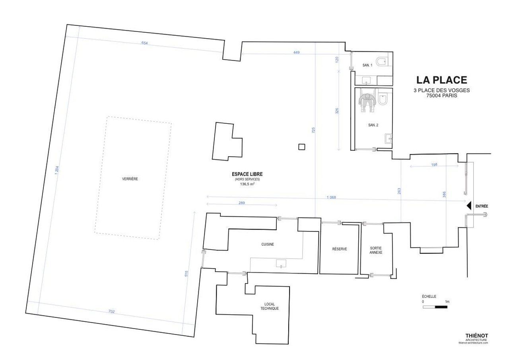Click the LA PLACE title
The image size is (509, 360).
click(441, 80)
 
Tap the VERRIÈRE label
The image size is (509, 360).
click(130, 179)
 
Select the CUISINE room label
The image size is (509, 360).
click(268, 244)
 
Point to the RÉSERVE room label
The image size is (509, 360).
click(340, 249)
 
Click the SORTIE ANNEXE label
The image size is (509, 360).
click(376, 250)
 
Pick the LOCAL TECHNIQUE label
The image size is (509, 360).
click(270, 306)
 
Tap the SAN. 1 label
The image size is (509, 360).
click(367, 65)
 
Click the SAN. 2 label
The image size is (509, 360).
click(373, 125)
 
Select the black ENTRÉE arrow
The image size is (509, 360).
click(468, 206)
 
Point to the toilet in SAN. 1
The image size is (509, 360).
click(381, 61)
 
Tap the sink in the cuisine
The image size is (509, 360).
click(281, 264)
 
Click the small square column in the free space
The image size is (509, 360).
click(301, 147)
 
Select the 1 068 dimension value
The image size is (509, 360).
click(331, 197)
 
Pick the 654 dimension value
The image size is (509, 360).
click(144, 43)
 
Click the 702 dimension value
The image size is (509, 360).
click(112, 311)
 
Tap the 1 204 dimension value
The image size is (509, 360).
click(57, 171)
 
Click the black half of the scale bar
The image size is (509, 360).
click(441, 307)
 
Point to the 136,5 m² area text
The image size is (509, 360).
click(247, 184)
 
